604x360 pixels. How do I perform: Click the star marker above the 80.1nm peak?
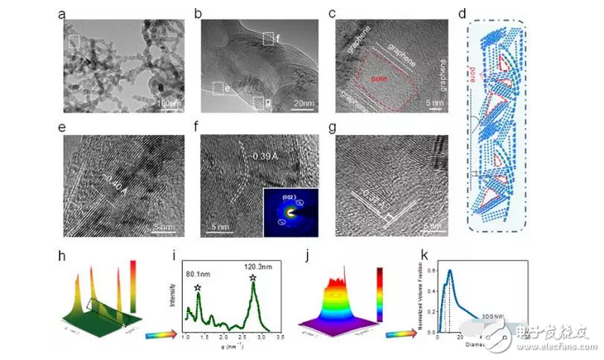(199, 286)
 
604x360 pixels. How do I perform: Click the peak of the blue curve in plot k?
(449, 271)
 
